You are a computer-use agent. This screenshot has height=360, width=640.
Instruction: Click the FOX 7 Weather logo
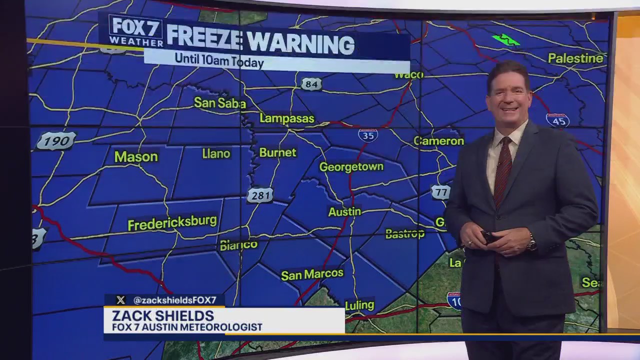[135, 31]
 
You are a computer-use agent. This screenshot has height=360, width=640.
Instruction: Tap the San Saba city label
[219, 103]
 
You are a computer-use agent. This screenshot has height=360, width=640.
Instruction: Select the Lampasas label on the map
[286, 118]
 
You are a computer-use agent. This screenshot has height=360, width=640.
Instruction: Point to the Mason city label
[136, 157]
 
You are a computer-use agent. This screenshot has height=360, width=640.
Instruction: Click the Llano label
[216, 153]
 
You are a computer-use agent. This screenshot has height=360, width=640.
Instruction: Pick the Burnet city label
[277, 152]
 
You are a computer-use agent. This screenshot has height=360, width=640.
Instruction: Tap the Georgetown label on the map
[351, 167]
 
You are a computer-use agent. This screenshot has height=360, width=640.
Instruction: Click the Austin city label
[344, 212]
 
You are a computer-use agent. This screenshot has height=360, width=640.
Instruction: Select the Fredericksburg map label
[172, 222]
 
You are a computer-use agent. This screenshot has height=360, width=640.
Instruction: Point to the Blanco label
[238, 245]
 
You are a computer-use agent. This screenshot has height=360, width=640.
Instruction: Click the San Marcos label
[312, 274]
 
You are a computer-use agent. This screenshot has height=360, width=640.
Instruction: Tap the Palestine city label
[575, 58]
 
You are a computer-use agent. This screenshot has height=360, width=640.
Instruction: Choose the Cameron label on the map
[438, 141]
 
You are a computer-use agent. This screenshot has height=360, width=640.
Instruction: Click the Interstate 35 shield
[368, 135]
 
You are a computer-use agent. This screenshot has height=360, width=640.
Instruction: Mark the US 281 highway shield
[260, 195]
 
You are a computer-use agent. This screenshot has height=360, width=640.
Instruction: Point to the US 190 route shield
[56, 141]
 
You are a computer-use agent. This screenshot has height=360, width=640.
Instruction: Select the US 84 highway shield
[310, 84]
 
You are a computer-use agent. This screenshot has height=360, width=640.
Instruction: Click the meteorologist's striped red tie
[502, 170]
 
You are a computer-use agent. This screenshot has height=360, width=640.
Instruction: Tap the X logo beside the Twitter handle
[120, 300]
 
